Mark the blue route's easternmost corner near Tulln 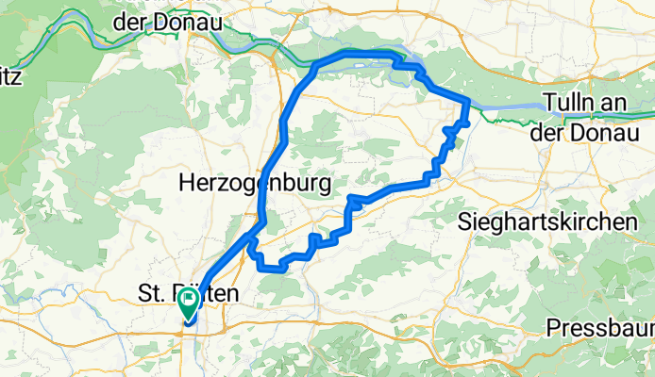tap(469, 101)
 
